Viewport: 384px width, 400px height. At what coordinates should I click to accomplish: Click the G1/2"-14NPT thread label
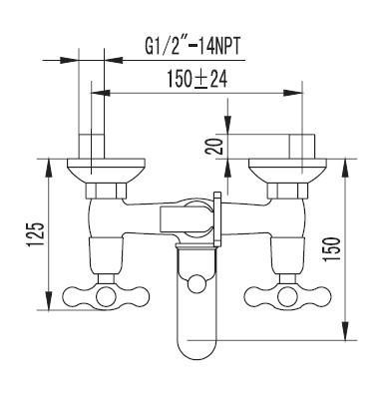pos(192,48)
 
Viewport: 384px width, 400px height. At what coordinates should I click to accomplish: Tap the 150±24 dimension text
pos(197,80)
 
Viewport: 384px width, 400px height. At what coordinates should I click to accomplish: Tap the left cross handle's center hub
pos(106,295)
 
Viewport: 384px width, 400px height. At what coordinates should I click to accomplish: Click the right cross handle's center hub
pos(286,295)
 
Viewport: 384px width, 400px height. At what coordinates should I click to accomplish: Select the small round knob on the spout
pos(196,284)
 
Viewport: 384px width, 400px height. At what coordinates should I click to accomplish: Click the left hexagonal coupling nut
pos(106,191)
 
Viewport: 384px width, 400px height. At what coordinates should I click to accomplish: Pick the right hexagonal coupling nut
pos(287,191)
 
